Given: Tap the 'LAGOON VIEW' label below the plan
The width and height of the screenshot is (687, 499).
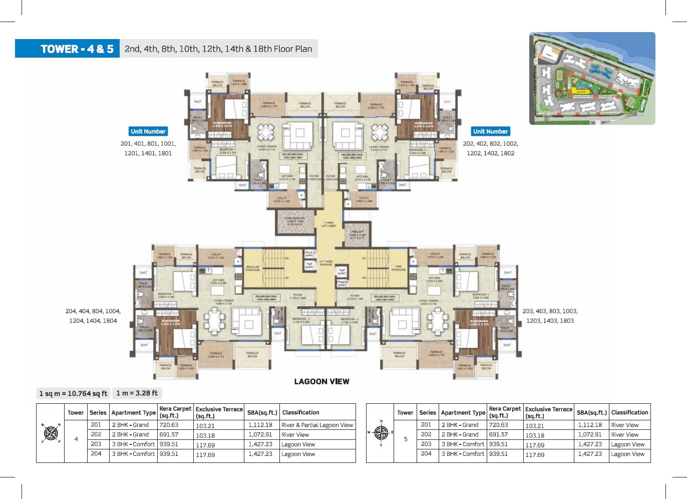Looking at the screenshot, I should point(321,382).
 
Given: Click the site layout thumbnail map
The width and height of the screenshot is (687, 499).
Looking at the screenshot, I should point(592,78).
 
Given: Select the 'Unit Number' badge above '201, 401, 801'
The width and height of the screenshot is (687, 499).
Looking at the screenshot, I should point(148,131).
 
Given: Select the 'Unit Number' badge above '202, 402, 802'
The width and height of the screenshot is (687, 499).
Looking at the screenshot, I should point(490,131).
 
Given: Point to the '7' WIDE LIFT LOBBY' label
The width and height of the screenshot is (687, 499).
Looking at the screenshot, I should point(328,224).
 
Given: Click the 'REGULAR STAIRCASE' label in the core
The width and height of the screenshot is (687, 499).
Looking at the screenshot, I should point(253,269).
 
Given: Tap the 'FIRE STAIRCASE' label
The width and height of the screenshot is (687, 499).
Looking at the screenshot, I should point(399,268).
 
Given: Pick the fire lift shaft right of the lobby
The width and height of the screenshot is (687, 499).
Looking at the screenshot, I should point(358,234).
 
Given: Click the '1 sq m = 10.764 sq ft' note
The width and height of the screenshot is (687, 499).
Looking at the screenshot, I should point(73,393).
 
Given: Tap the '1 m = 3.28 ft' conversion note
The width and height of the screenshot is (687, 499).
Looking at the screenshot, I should point(137,393).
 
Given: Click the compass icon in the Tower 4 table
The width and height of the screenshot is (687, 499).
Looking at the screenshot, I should point(51,433).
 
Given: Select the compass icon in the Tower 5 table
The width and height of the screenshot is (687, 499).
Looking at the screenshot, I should point(381,433).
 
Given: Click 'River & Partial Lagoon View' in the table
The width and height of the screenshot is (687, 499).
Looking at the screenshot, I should point(317,425).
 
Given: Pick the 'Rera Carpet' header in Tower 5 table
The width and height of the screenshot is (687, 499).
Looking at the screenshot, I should point(505,412).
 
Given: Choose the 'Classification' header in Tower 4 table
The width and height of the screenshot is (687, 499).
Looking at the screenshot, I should point(300,412).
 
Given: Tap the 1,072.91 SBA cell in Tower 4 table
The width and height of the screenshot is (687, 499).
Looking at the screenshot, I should point(260,434).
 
